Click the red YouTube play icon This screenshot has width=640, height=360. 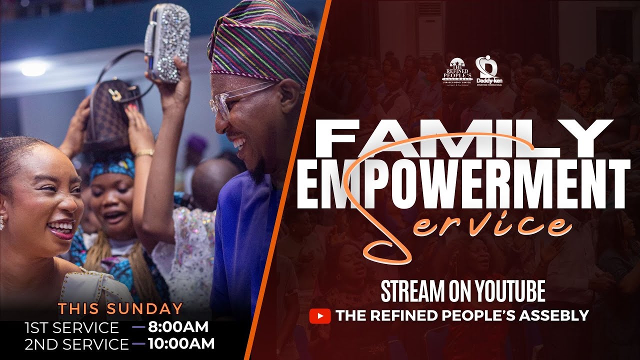[x=320, y=316]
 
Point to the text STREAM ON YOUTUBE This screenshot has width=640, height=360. [x=462, y=292]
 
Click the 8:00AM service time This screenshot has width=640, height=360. [x=178, y=327]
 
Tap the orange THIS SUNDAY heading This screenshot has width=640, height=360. [x=120, y=308]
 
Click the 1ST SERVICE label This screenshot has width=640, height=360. [x=72, y=328]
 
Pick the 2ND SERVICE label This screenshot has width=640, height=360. [x=76, y=344]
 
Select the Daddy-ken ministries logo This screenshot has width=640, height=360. [x=488, y=70]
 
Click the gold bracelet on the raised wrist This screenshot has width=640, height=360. [x=144, y=152]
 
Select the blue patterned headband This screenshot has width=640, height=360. [x=113, y=167]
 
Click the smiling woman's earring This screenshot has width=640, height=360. [x=2, y=222]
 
